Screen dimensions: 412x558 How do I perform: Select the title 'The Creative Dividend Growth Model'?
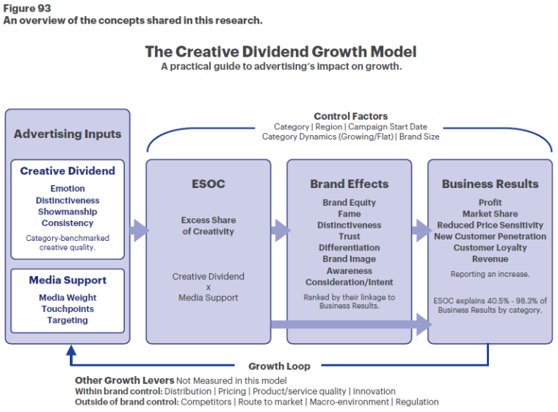point(280,51)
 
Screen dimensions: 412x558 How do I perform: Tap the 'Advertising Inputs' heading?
point(68,134)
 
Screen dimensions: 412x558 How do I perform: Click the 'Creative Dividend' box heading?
point(68,170)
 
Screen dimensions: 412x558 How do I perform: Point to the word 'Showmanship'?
point(68,212)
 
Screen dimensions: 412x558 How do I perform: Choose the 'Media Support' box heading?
point(68,280)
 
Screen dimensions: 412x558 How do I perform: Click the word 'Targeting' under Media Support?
point(68,320)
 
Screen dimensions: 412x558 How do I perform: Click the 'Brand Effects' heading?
point(349,184)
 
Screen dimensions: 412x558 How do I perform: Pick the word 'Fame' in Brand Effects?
point(349,214)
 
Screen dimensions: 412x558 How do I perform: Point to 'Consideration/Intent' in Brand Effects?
point(349,282)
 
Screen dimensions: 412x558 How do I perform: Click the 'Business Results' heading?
point(490,184)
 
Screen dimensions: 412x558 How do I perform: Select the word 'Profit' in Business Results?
point(490,203)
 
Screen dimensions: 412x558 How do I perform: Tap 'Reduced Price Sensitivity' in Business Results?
point(490,225)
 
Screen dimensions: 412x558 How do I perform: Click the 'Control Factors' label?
point(350,116)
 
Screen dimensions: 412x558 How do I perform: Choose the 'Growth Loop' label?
point(279,366)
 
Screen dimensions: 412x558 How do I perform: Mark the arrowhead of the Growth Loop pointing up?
point(70,350)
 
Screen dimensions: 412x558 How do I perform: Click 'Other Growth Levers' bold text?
point(124,380)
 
